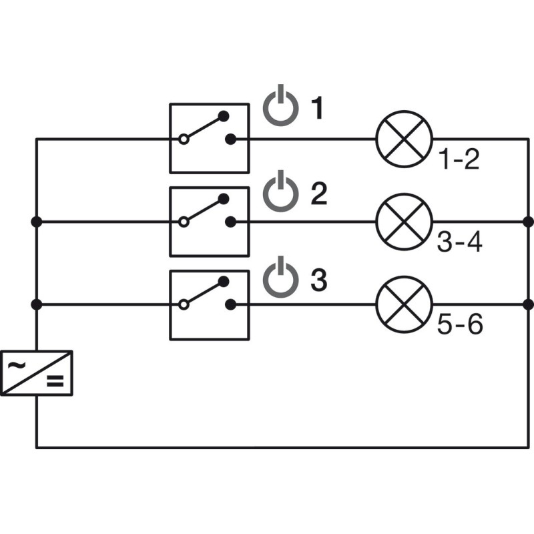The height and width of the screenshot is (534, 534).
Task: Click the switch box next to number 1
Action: (x=209, y=138)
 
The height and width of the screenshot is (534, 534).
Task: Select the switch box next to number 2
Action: (x=209, y=221)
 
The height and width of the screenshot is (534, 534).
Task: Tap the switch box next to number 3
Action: (x=209, y=304)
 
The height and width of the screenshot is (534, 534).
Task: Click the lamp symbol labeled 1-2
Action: (x=405, y=138)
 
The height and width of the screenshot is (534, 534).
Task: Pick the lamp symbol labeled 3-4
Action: (x=405, y=221)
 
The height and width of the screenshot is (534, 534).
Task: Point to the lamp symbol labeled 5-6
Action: (x=405, y=304)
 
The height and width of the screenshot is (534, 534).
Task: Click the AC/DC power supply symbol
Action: (x=36, y=372)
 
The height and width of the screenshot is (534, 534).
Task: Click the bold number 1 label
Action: (x=318, y=108)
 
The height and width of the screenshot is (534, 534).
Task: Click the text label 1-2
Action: (x=459, y=160)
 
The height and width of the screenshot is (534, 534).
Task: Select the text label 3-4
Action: (x=459, y=243)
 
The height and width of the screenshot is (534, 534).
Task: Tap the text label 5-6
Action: (x=459, y=326)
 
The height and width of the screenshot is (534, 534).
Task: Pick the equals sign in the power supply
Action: (x=54, y=382)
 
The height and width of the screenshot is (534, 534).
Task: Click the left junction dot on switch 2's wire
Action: (x=36, y=221)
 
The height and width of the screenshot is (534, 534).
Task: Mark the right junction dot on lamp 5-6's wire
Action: (x=529, y=304)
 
